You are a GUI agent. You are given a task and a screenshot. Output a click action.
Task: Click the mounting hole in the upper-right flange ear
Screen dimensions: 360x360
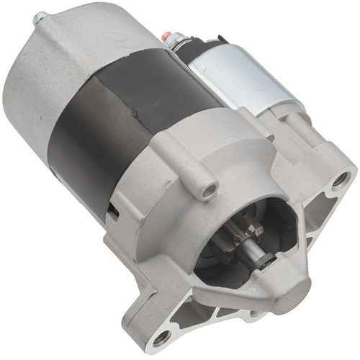tap(340, 179)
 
